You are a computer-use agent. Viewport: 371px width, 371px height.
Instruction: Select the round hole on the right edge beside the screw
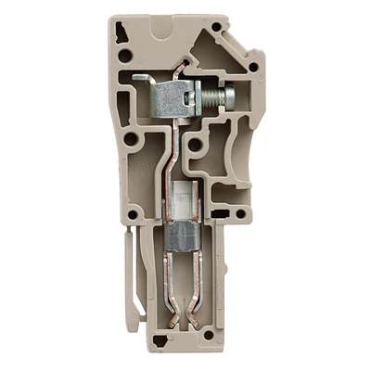point(250,67)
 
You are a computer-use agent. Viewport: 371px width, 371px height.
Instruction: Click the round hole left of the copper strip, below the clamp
point(134,142)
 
